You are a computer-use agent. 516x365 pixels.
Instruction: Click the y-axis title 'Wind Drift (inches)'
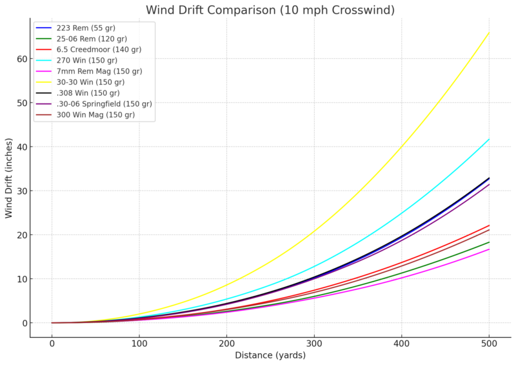pos(9,178)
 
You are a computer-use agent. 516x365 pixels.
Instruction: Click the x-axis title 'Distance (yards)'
pos(270,355)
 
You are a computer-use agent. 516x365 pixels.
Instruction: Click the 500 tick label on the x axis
pos(489,343)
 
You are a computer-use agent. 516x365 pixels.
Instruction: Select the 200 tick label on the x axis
pos(226,343)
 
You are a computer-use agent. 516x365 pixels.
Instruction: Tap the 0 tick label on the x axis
pos(52,343)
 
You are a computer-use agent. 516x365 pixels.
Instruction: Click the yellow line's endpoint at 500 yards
pos(489,32)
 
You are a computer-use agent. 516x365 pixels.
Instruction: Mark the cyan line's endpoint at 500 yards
pos(489,139)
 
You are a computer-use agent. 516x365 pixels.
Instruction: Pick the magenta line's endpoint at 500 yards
pos(489,249)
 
